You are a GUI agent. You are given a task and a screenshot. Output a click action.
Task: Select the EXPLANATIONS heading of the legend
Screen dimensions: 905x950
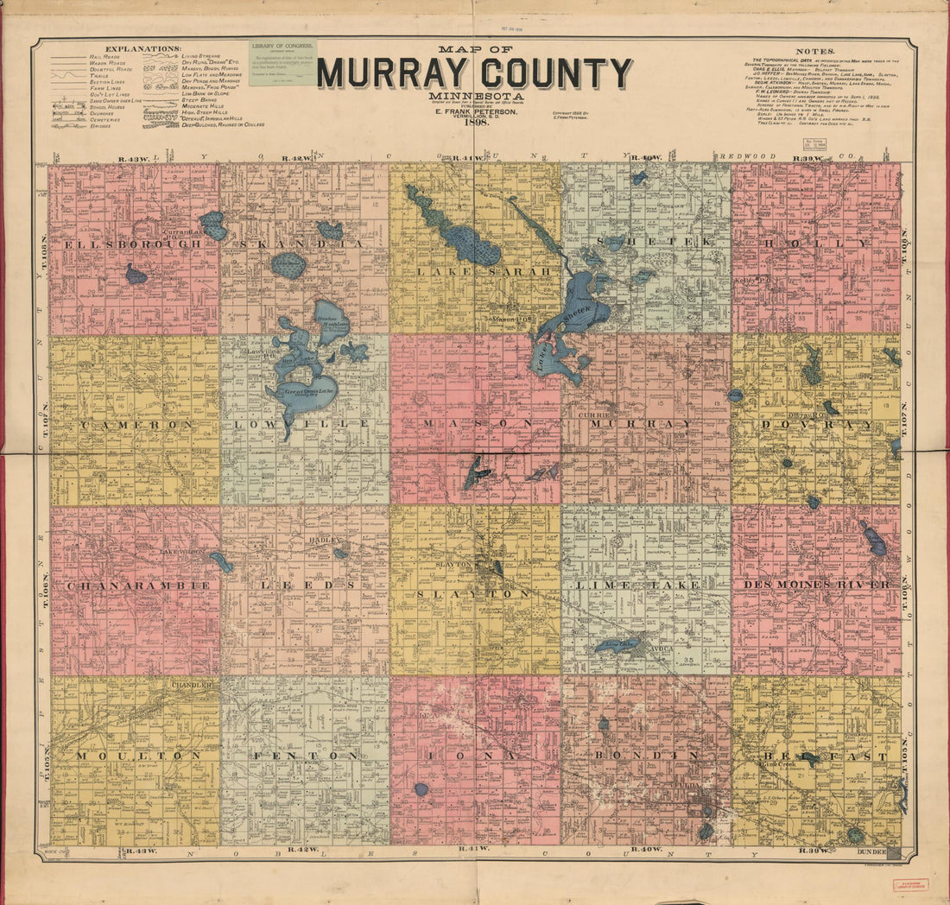[142, 48]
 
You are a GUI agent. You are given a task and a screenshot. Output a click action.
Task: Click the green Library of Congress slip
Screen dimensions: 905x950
[282, 62]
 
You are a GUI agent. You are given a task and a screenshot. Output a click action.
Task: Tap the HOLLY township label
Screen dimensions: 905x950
[815, 244]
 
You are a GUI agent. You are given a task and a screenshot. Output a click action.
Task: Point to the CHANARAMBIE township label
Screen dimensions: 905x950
[137, 585]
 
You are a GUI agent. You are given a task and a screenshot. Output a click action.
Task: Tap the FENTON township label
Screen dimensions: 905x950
[304, 756]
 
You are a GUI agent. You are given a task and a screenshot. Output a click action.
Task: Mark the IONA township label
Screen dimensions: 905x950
[474, 756]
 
